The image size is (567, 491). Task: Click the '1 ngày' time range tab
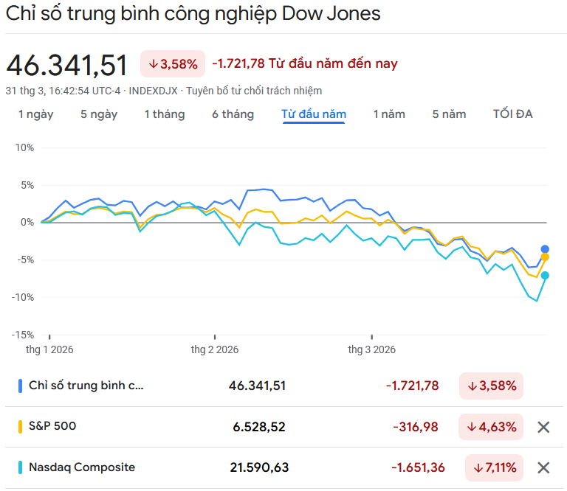(35, 114)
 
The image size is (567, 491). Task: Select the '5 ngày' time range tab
(99, 114)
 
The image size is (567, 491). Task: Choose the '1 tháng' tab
(165, 114)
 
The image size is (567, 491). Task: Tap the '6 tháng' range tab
(233, 114)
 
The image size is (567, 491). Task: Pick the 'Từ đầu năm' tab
(314, 114)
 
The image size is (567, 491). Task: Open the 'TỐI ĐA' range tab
(513, 114)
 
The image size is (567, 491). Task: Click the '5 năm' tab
(449, 114)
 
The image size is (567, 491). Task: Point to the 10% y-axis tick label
(24, 147)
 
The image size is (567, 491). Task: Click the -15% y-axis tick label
(22, 334)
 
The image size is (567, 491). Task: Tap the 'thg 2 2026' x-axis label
(215, 349)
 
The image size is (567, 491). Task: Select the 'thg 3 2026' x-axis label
(372, 349)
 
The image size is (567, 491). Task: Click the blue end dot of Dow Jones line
(546, 249)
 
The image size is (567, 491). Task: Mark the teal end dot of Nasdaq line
(546, 276)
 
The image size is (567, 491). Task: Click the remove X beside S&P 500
(544, 427)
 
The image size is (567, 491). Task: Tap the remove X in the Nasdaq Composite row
(544, 467)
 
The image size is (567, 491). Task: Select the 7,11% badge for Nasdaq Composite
(495, 467)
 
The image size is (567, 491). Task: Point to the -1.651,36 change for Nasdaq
(419, 467)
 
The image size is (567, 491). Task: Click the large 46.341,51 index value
(67, 65)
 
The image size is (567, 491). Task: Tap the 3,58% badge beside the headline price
(173, 64)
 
